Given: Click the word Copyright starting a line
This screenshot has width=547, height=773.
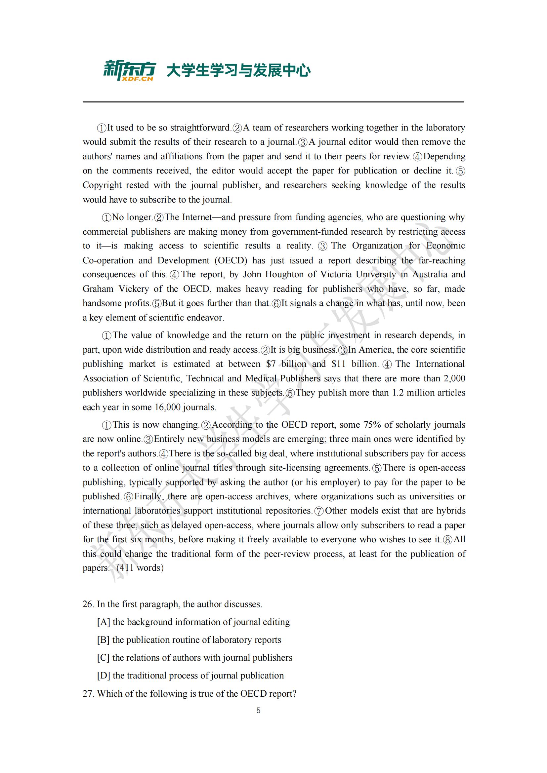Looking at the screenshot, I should click(x=102, y=185).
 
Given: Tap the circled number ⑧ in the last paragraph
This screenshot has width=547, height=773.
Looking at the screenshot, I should click(x=448, y=540).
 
